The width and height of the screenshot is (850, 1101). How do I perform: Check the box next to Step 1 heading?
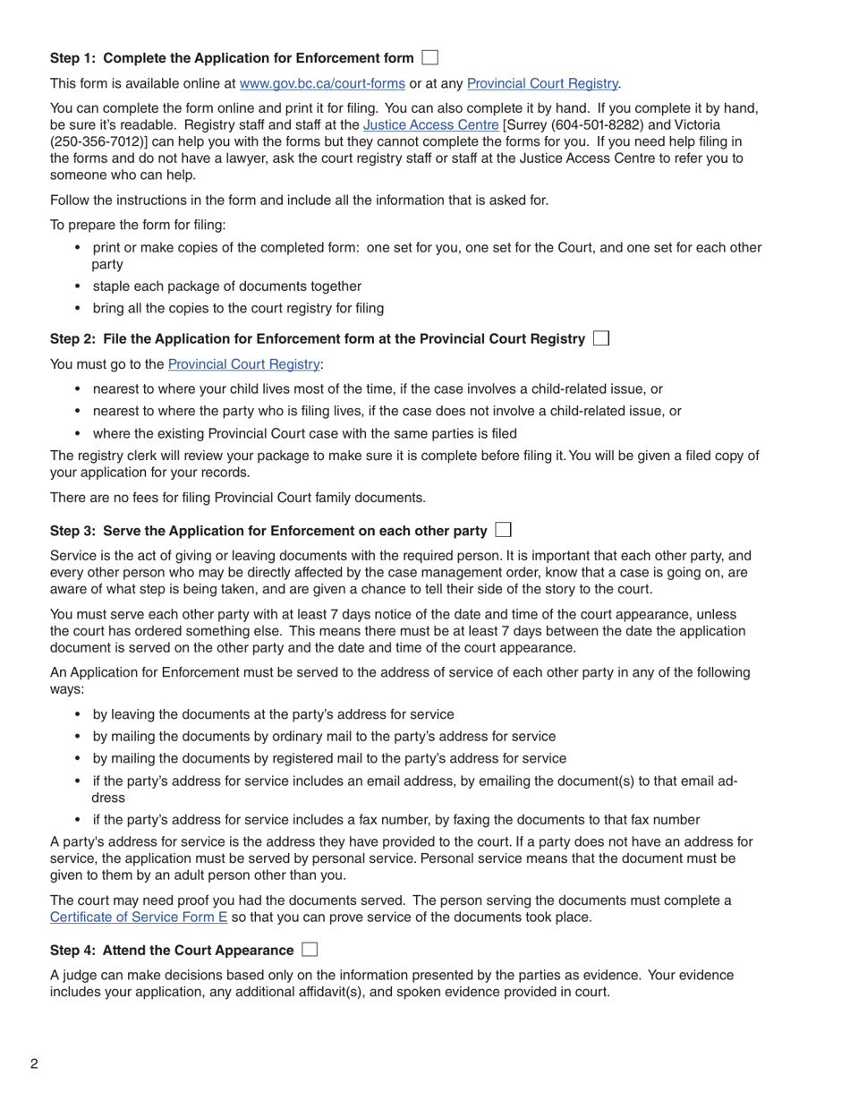[430, 58]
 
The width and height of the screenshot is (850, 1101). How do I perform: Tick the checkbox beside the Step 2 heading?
[601, 338]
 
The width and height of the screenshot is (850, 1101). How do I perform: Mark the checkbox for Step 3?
[503, 530]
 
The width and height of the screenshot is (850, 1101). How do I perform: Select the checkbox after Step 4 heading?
[310, 950]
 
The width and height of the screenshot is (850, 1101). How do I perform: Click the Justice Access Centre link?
[430, 125]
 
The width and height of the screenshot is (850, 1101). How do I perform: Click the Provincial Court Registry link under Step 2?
[243, 364]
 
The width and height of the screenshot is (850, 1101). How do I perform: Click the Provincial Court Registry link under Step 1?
[542, 83]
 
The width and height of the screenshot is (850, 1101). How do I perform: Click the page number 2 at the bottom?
[34, 1064]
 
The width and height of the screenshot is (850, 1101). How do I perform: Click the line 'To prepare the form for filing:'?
[138, 225]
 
